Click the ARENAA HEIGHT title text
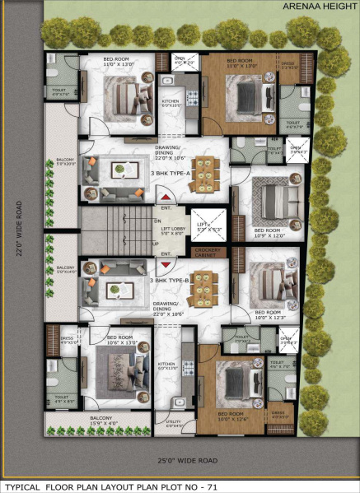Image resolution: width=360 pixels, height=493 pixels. tap(317, 6)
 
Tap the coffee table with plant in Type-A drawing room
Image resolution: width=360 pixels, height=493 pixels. tap(121, 170)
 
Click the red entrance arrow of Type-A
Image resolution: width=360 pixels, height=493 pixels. tap(166, 198)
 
